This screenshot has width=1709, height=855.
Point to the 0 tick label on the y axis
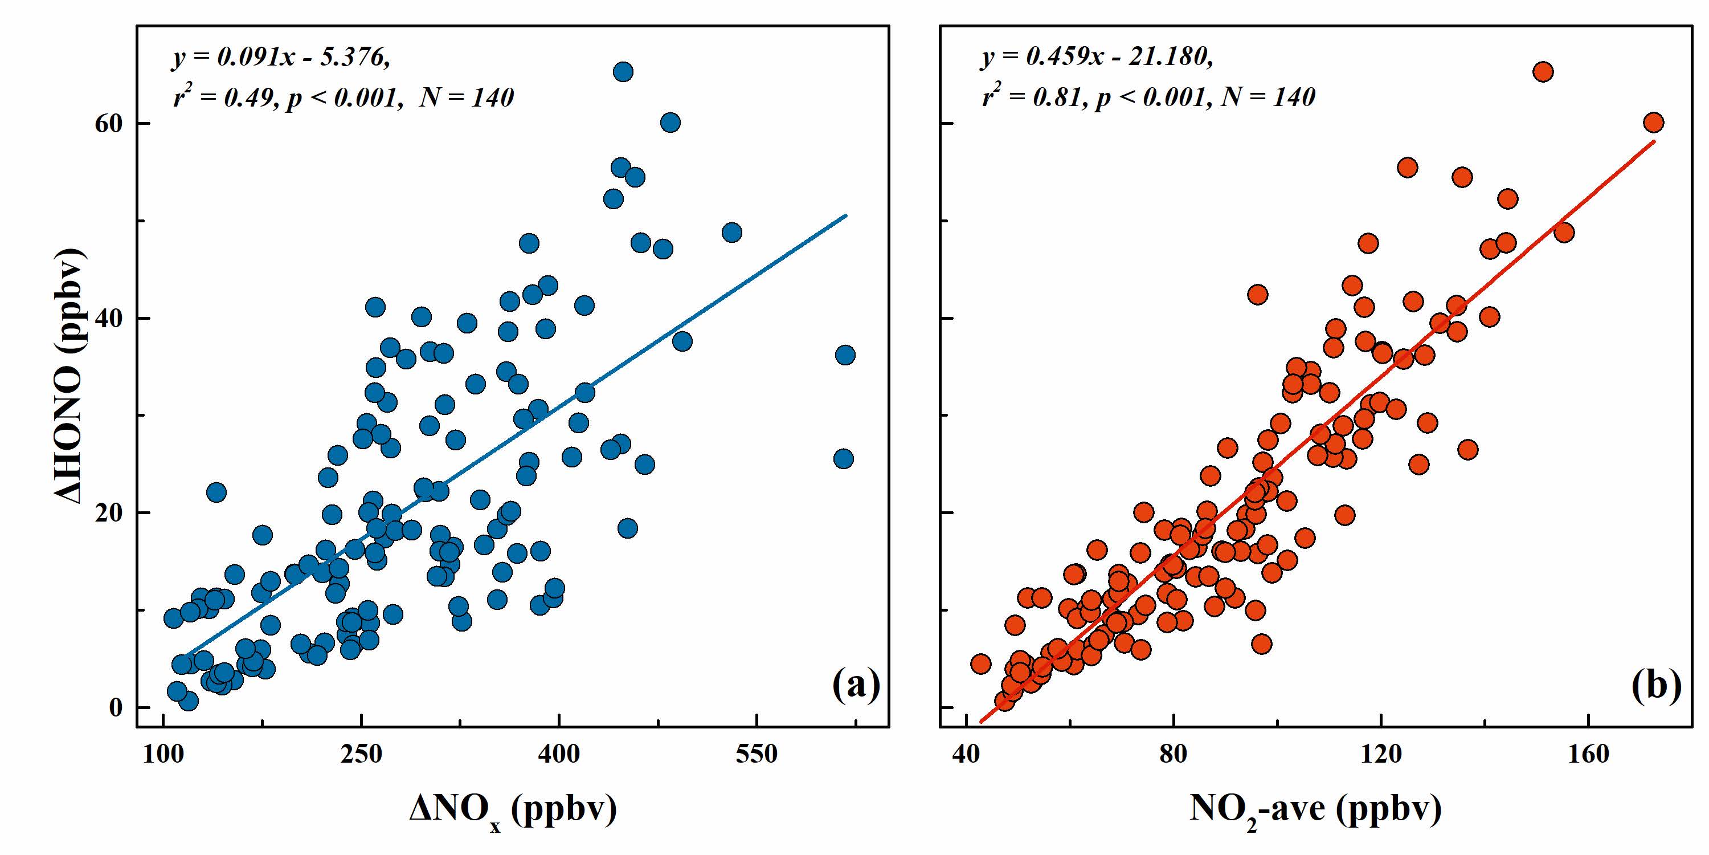(116, 707)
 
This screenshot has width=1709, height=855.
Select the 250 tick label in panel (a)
(361, 755)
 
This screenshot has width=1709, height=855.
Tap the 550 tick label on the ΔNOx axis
(757, 755)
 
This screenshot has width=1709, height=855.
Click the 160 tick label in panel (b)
(1588, 755)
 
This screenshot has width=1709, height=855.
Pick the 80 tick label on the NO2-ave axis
(1173, 755)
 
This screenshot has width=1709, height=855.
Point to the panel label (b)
(1656, 685)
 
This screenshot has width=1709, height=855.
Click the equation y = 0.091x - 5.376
(281, 58)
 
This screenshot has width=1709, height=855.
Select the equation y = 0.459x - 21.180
(1097, 58)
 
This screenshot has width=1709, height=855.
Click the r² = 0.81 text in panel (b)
(1032, 98)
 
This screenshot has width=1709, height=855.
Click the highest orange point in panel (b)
(1543, 72)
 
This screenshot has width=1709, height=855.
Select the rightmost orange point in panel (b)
(1653, 123)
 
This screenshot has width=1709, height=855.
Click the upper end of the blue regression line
(846, 215)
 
